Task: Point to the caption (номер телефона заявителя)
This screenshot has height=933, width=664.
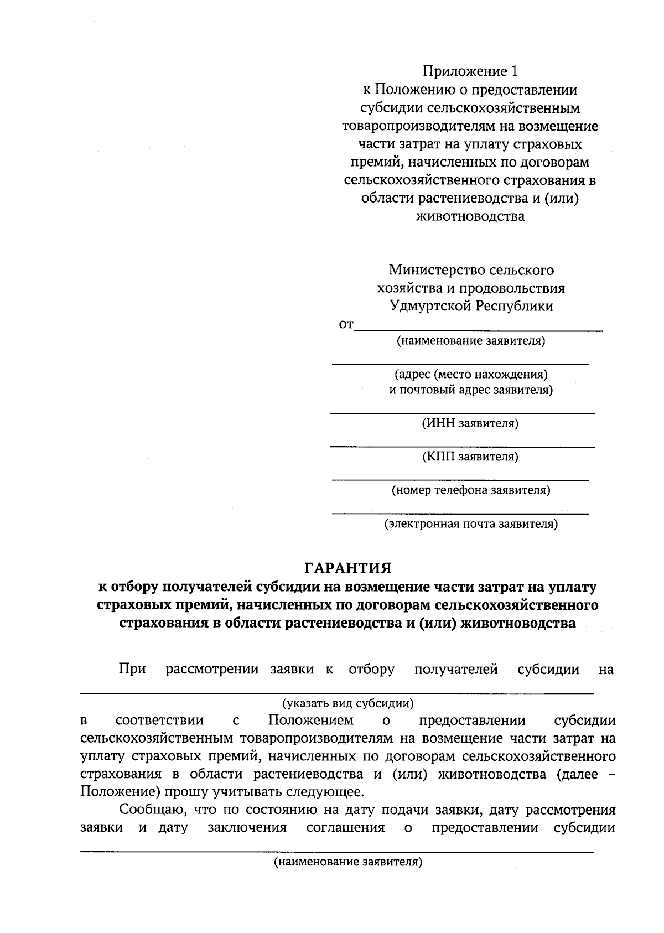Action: point(471,490)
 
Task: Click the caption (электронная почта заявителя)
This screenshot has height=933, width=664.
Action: point(471,524)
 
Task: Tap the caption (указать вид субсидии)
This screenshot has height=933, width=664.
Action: point(348,704)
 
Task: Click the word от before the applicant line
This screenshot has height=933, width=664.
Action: point(346,325)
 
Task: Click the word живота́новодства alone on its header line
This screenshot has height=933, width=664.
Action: point(470,216)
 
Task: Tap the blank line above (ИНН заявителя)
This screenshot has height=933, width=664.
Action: point(463,413)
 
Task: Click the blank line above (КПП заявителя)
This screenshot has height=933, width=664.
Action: point(463,447)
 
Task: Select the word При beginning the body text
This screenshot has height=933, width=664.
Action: point(132,670)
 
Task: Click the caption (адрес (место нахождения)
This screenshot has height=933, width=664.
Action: point(471,375)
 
